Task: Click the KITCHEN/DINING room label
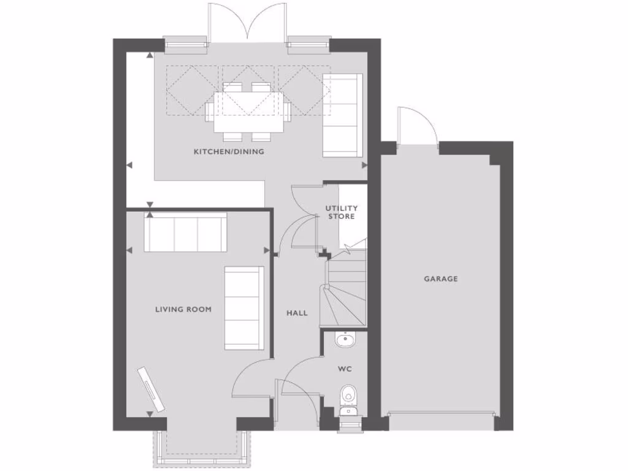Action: click(229, 151)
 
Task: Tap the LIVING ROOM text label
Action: click(183, 309)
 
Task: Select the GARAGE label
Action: click(441, 279)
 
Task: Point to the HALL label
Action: click(297, 313)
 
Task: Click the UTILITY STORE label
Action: click(341, 212)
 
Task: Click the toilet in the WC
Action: click(348, 397)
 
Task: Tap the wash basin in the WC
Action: click(345, 339)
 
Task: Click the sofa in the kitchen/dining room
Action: click(342, 115)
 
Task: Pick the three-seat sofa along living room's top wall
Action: click(185, 232)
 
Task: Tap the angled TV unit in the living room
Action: click(151, 389)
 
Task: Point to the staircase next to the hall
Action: click(345, 288)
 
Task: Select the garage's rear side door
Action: click(418, 128)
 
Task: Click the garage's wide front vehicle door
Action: click(441, 413)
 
